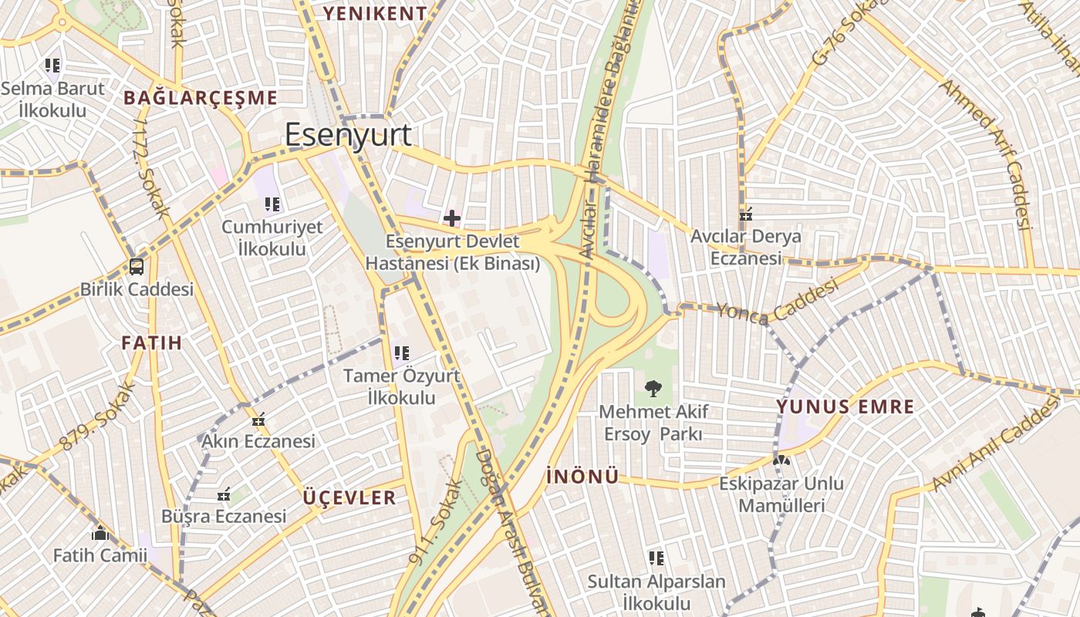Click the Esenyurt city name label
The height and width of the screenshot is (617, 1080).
pos(348,135)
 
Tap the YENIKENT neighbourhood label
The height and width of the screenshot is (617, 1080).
pos(375,13)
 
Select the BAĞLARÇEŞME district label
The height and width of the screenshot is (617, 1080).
pos(200,98)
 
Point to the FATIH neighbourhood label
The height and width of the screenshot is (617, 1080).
pos(152,342)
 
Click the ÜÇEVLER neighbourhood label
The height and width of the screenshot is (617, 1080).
pos(349,497)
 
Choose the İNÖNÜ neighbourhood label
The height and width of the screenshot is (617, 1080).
pos(582,477)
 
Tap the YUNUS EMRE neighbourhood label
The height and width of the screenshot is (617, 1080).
pos(845,406)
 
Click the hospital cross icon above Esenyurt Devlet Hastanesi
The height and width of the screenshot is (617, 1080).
pos(452,219)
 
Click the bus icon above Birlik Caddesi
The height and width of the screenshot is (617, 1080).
pos(137,268)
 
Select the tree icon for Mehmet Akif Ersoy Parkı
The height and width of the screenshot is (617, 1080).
pos(653,388)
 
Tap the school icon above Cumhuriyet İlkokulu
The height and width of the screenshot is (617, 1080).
pos(272,204)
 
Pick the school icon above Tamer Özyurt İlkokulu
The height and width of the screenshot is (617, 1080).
pos(401,353)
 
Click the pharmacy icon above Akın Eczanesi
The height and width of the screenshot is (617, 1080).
pos(258,420)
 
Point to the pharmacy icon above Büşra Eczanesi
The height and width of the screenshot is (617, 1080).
pos(224,494)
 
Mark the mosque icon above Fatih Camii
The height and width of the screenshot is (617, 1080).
pos(100,533)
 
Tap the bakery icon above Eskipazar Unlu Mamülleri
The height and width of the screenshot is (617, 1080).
pos(781,460)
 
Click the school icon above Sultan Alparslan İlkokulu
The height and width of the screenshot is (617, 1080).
pos(656,558)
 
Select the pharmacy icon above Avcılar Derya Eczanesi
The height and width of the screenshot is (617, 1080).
pos(745,214)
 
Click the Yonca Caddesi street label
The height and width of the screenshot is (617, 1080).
pos(777,302)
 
